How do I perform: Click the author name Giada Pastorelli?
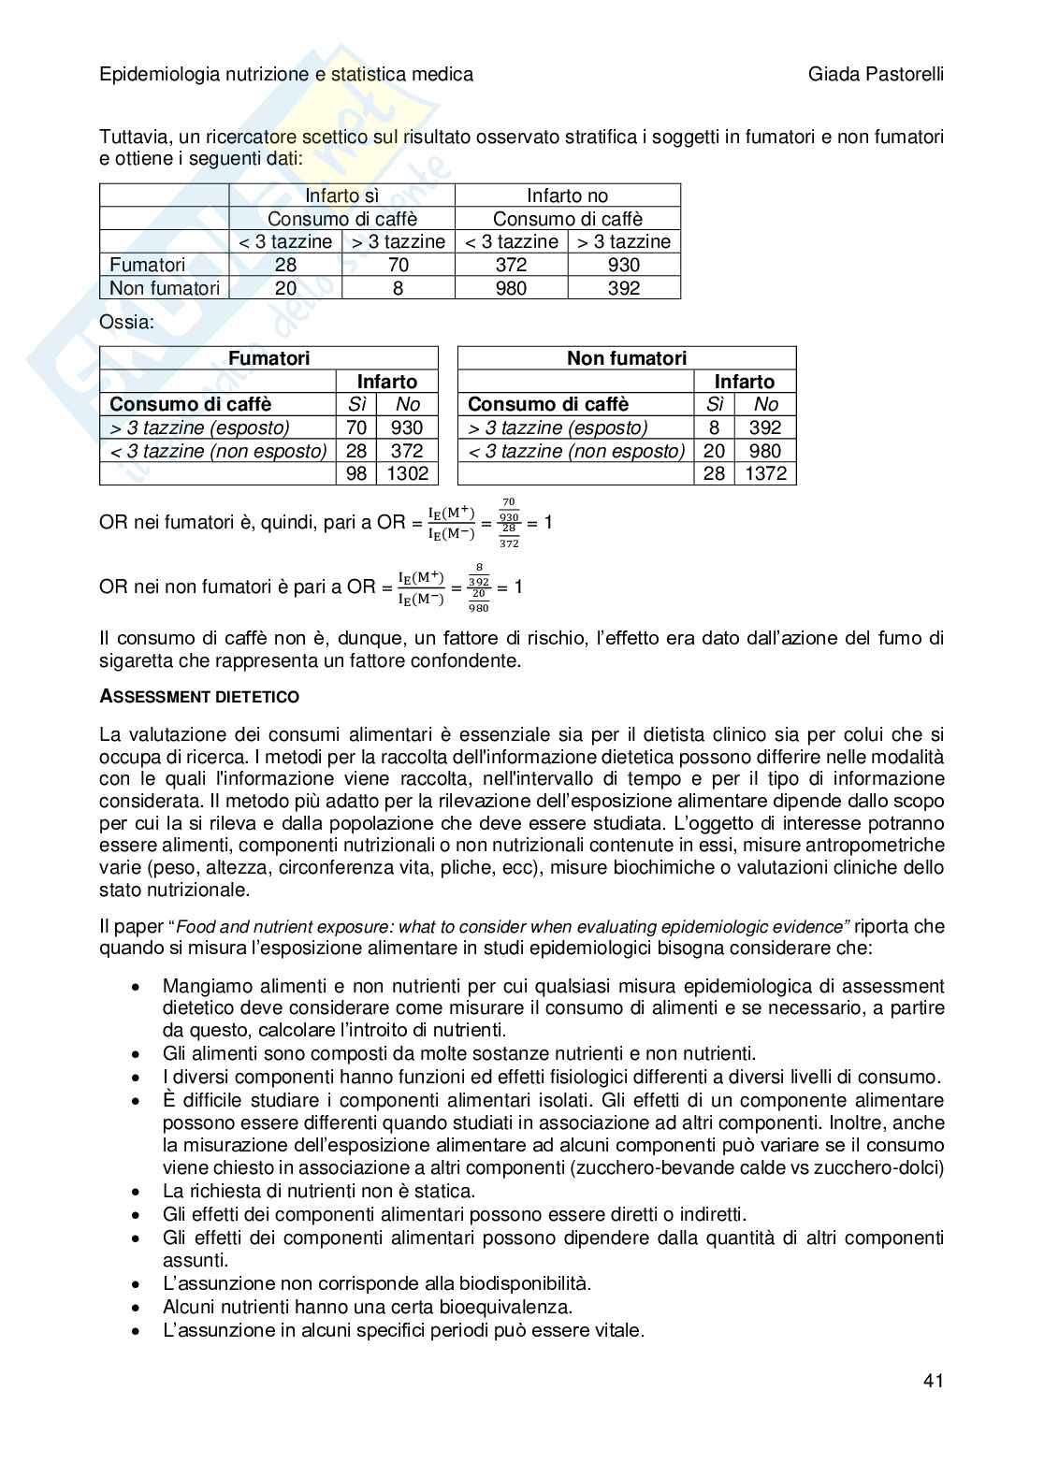pyautogui.click(x=876, y=74)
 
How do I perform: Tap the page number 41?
pyautogui.click(x=933, y=1381)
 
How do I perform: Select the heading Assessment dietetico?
pyautogui.click(x=199, y=697)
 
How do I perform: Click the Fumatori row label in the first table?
pyautogui.click(x=148, y=265)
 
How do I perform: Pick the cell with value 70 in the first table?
pyautogui.click(x=398, y=265)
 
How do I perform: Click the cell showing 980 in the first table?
pyautogui.click(x=511, y=288)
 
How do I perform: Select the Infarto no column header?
pyautogui.click(x=567, y=195)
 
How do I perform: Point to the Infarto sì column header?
pyautogui.click(x=341, y=195)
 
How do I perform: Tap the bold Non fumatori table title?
pyautogui.click(x=626, y=358)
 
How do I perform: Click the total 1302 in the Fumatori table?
pyautogui.click(x=407, y=473)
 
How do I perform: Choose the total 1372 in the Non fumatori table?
pyautogui.click(x=765, y=473)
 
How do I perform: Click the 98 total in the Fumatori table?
pyautogui.click(x=356, y=473)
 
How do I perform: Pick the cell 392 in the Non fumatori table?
pyautogui.click(x=765, y=427)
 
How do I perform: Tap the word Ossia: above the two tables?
pyautogui.click(x=126, y=322)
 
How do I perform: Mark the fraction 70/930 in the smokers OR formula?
pyautogui.click(x=509, y=510)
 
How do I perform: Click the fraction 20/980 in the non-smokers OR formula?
pyautogui.click(x=479, y=600)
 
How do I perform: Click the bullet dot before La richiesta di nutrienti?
pyautogui.click(x=138, y=1192)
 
